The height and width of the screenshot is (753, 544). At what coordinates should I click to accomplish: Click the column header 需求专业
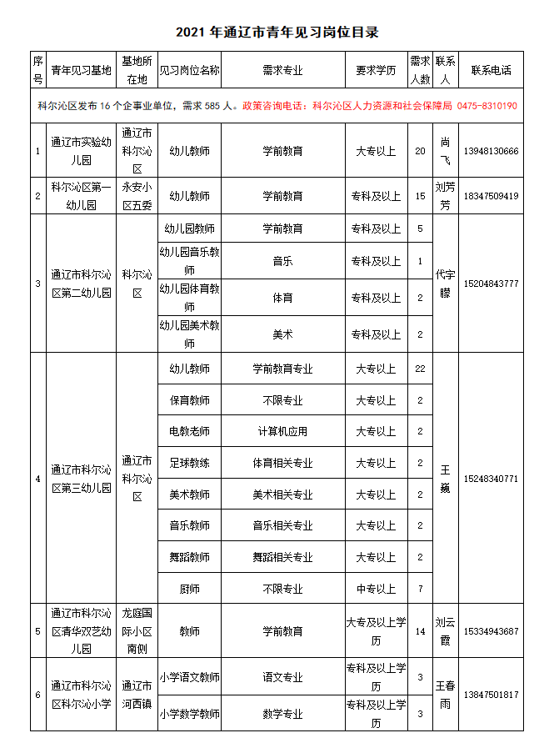coord(282,70)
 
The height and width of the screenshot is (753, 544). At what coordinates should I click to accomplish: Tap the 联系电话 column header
coord(491,70)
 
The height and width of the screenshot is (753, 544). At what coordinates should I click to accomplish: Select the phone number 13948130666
coord(491,151)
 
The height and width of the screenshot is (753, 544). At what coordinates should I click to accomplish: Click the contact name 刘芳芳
coord(445,196)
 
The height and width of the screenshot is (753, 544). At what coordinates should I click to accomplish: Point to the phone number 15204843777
coord(491,284)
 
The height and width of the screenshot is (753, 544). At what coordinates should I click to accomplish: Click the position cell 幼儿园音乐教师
coord(189,261)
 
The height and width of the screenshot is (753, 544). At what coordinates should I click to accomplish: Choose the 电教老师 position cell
coord(189,431)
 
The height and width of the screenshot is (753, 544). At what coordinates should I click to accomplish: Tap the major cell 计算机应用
coord(282,431)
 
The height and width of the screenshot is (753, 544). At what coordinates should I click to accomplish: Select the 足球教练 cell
coord(189,463)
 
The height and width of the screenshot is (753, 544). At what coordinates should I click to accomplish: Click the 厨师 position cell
coord(189,589)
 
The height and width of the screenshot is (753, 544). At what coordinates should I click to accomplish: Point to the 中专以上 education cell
coord(376,589)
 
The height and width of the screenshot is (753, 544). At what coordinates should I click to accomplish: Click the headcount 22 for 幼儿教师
coord(420,368)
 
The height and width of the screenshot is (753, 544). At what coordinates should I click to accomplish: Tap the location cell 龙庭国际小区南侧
coord(137,631)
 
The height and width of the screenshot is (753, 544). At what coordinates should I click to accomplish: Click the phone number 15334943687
coord(491,631)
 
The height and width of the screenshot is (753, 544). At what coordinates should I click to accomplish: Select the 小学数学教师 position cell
coord(189,713)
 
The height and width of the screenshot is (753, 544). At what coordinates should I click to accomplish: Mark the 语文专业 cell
coord(282,678)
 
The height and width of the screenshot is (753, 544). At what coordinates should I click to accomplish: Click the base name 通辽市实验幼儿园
coord(81,151)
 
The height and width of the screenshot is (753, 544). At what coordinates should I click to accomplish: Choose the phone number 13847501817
coord(491,695)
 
